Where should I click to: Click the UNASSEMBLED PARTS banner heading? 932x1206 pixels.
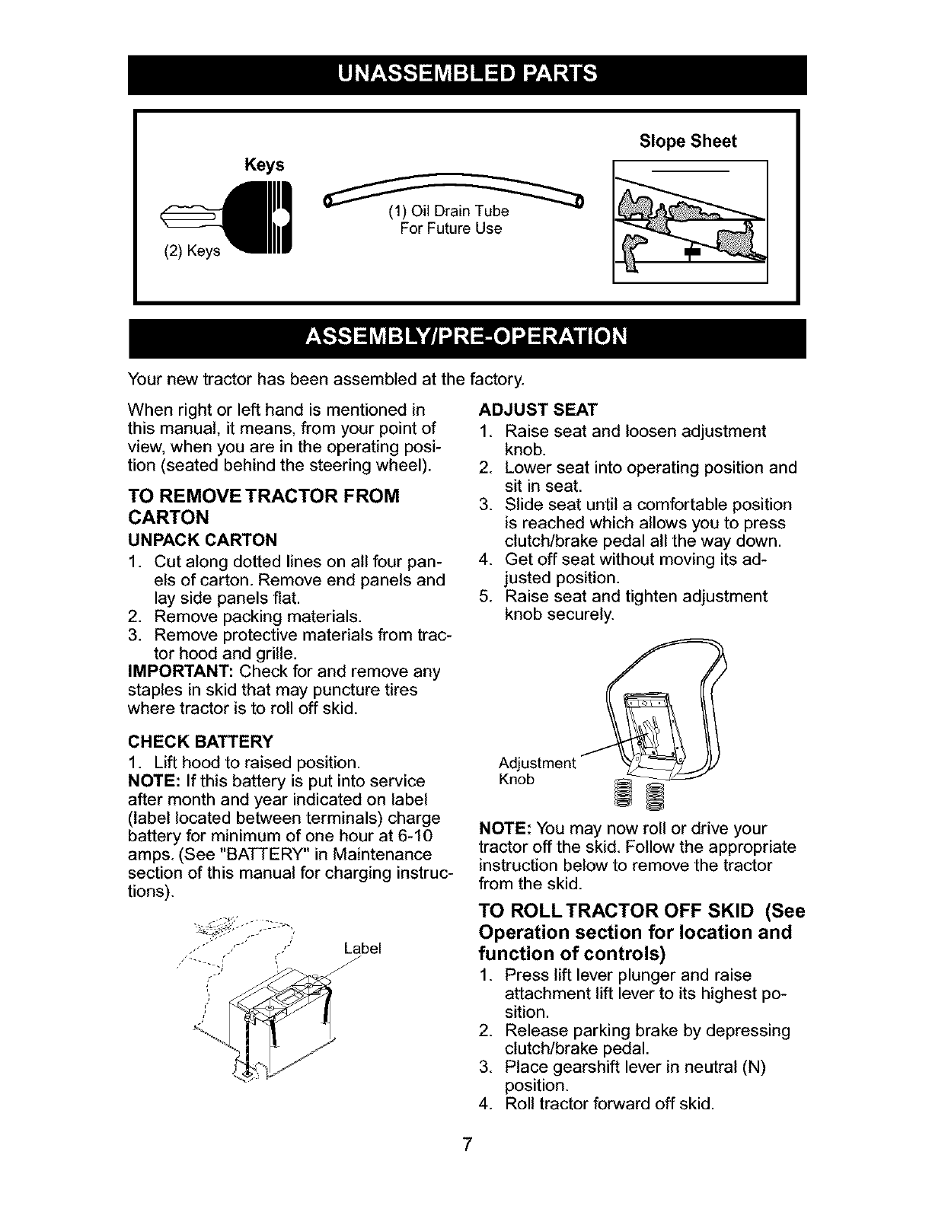[467, 74]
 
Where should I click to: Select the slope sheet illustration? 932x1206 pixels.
[691, 222]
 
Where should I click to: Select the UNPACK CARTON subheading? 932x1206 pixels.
[203, 540]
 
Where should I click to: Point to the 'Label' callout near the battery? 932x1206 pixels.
[362, 949]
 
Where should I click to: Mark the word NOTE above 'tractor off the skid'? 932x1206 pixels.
[504, 828]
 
